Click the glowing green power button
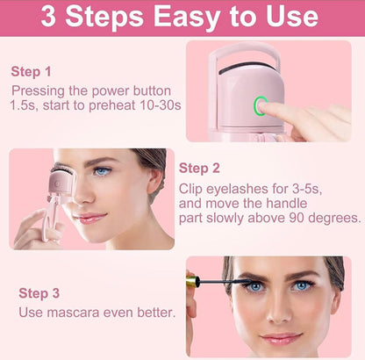pos(261,107)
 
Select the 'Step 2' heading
pos(200,168)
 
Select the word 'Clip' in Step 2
pos(193,188)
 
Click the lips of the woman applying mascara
pos(281,338)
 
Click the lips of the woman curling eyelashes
pos(92,216)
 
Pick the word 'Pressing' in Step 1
pos(39,90)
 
